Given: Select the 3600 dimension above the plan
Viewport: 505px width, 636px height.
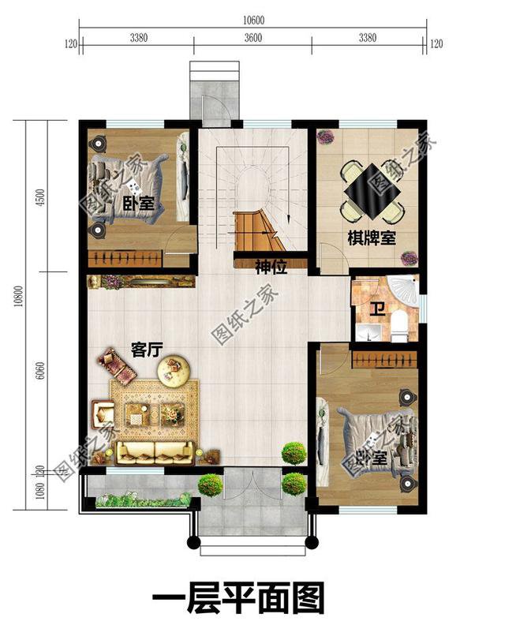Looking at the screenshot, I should (x=253, y=36).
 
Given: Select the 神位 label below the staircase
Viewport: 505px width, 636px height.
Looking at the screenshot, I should (x=270, y=267).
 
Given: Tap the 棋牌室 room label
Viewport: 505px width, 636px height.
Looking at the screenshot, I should (x=372, y=238).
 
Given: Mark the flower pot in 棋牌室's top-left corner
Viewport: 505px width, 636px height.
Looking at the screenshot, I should (x=325, y=138).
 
